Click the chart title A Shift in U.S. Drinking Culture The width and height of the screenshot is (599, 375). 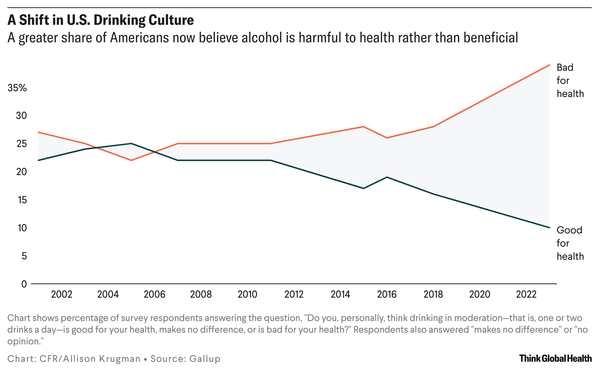tap(100, 20)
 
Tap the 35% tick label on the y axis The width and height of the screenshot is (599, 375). tap(17, 88)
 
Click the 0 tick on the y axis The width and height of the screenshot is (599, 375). tap(24, 284)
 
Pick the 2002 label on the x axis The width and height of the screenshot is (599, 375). tap(62, 294)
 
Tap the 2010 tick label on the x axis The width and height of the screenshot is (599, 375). tap(247, 294)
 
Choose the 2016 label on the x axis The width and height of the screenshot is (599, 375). tap(387, 294)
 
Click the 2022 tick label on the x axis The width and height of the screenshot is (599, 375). tap(526, 294)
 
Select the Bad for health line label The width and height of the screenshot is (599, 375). tap(570, 81)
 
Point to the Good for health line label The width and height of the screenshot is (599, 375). tap(570, 243)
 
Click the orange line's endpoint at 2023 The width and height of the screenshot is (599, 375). tap(549, 65)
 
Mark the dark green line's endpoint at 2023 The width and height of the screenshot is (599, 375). tap(549, 228)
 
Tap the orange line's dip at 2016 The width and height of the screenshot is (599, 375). tap(387, 138)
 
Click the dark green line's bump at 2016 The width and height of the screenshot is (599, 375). tap(387, 177)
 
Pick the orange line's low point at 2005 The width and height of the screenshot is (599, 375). tap(131, 161)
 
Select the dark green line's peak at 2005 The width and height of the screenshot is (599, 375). tap(131, 143)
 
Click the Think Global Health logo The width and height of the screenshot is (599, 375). tap(555, 359)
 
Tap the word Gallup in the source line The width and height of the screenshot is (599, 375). tap(205, 359)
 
